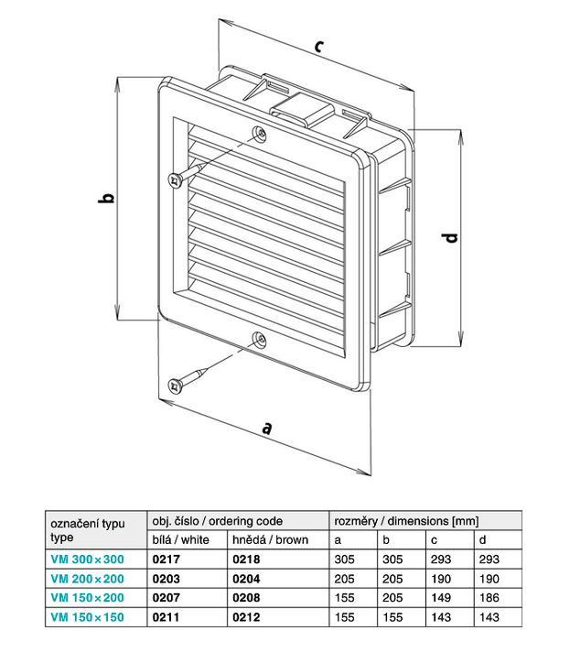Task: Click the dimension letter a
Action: tap(267, 427)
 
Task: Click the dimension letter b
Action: tap(106, 198)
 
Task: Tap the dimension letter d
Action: tap(450, 239)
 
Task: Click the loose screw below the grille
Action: tap(187, 380)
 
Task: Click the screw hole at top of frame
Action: tap(261, 133)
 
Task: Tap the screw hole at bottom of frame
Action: tap(259, 340)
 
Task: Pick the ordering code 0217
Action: tap(163, 558)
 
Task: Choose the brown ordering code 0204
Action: tap(245, 578)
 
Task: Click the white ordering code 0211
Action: tap(163, 618)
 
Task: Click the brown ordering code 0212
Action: tap(245, 618)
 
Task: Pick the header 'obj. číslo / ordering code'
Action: tap(216, 520)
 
